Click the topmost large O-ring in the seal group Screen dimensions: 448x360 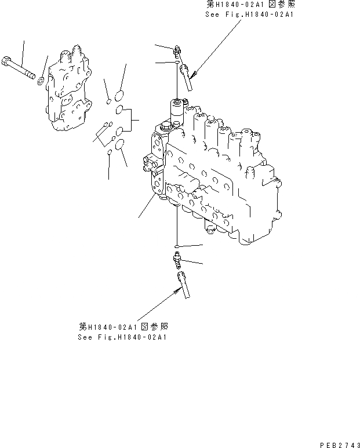(119, 94)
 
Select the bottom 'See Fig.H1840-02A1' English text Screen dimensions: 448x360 (122, 337)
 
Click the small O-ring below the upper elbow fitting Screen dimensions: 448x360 (177, 62)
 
